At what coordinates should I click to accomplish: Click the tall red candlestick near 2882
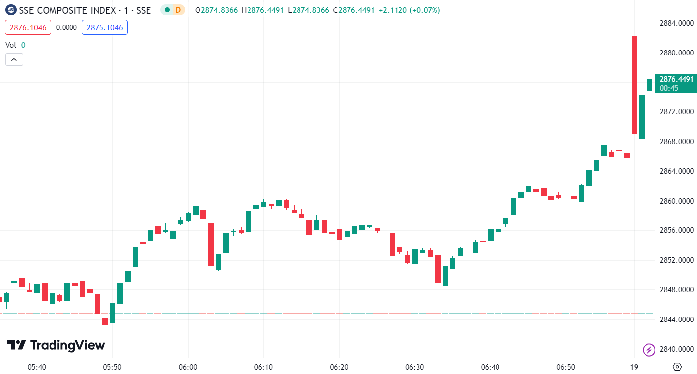pyautogui.click(x=634, y=84)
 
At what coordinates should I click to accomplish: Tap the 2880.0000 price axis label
pyautogui.click(x=676, y=53)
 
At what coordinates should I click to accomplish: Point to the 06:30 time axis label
pyautogui.click(x=414, y=367)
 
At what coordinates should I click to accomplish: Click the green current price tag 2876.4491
pyautogui.click(x=676, y=79)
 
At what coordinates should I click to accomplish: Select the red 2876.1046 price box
pyautogui.click(x=28, y=27)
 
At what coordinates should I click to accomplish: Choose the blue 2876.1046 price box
pyautogui.click(x=104, y=27)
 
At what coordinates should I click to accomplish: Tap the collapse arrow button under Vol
pyautogui.click(x=14, y=60)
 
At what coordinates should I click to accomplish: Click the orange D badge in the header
pyautogui.click(x=178, y=10)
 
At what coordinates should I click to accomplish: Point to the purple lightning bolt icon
pyautogui.click(x=648, y=350)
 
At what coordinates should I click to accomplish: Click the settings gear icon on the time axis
pyautogui.click(x=677, y=367)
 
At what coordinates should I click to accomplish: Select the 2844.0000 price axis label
pyautogui.click(x=676, y=320)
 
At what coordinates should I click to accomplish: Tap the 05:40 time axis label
pyautogui.click(x=37, y=367)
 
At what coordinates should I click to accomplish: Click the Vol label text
pyautogui.click(x=11, y=45)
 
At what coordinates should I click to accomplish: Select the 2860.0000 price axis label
pyautogui.click(x=676, y=201)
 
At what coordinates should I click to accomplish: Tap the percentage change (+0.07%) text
pyautogui.click(x=424, y=10)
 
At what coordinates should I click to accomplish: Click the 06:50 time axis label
pyautogui.click(x=566, y=367)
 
